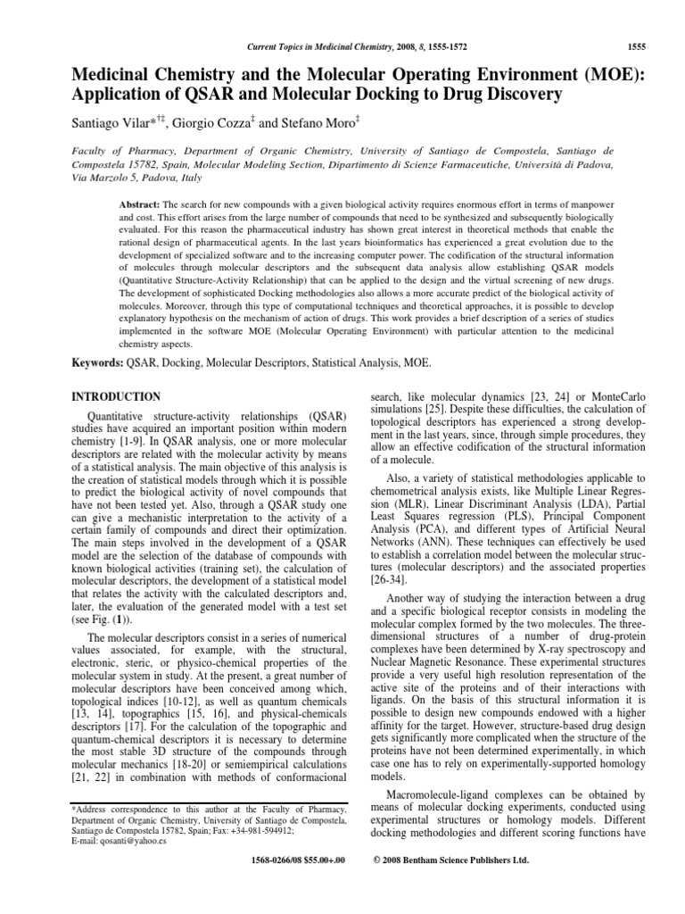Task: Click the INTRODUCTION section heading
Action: pyautogui.click(x=115, y=397)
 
